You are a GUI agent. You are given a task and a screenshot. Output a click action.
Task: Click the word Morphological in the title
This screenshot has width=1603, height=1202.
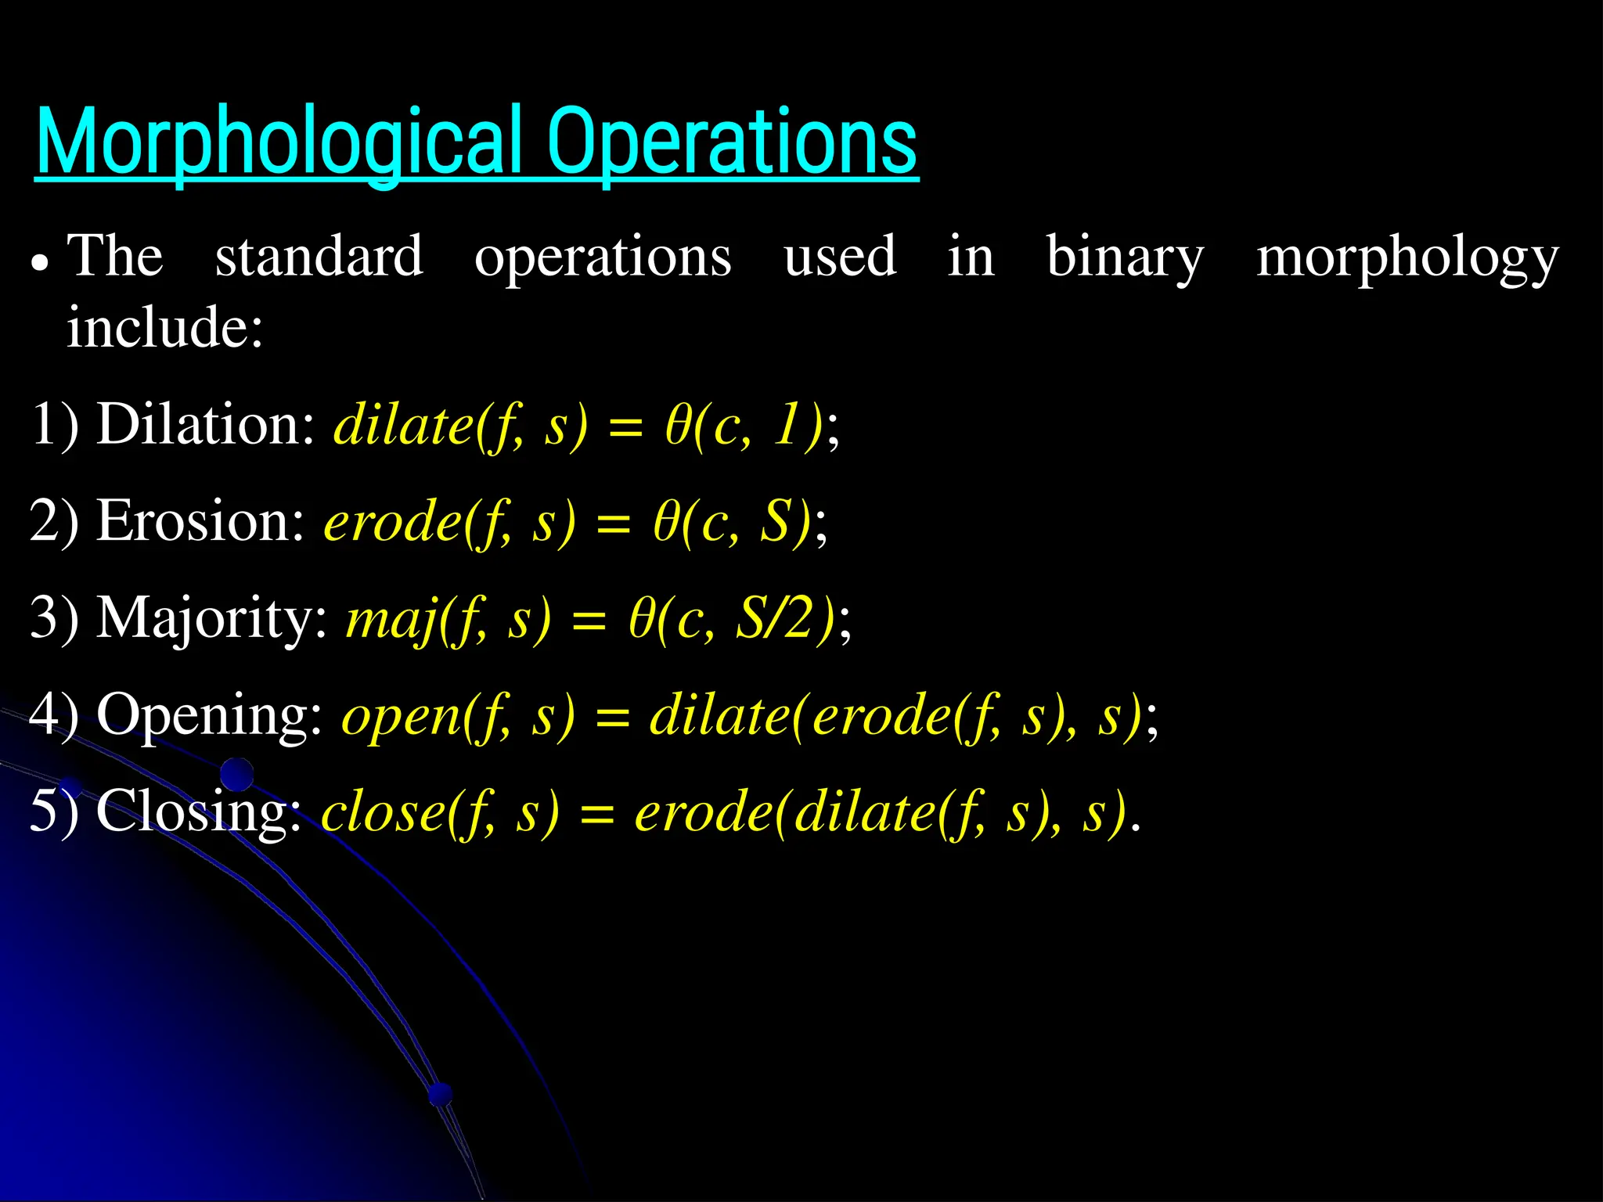[x=279, y=142]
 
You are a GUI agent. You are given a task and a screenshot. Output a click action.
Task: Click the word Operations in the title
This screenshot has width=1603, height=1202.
[x=733, y=142]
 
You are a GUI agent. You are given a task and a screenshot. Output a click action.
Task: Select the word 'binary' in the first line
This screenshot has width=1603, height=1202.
[x=1125, y=257]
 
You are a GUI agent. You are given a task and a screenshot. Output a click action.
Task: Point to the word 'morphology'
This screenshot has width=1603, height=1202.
[x=1407, y=257]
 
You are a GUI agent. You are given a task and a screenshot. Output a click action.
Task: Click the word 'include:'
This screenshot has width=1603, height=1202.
[x=164, y=327]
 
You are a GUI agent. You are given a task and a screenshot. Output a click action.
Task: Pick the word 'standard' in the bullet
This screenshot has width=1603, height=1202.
[x=319, y=257]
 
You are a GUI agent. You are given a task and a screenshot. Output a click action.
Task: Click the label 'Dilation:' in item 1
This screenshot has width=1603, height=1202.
[x=205, y=425]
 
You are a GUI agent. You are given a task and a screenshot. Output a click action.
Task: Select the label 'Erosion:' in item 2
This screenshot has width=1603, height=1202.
[x=200, y=521]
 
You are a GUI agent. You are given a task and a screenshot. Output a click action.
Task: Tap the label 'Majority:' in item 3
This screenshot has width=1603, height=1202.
[x=211, y=618]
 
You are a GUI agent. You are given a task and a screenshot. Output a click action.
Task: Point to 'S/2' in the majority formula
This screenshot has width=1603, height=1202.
[x=783, y=618]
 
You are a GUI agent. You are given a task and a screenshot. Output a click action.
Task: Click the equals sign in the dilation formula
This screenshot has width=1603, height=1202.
[x=625, y=428]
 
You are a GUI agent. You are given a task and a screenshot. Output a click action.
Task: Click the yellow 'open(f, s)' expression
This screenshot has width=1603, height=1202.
[x=458, y=716]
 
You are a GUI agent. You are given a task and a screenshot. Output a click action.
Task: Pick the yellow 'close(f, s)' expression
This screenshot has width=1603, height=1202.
[x=441, y=812]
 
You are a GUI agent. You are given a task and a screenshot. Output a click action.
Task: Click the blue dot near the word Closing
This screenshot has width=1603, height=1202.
[x=236, y=775]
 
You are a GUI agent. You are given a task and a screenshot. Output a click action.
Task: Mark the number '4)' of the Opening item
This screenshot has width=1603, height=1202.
[x=53, y=714]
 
